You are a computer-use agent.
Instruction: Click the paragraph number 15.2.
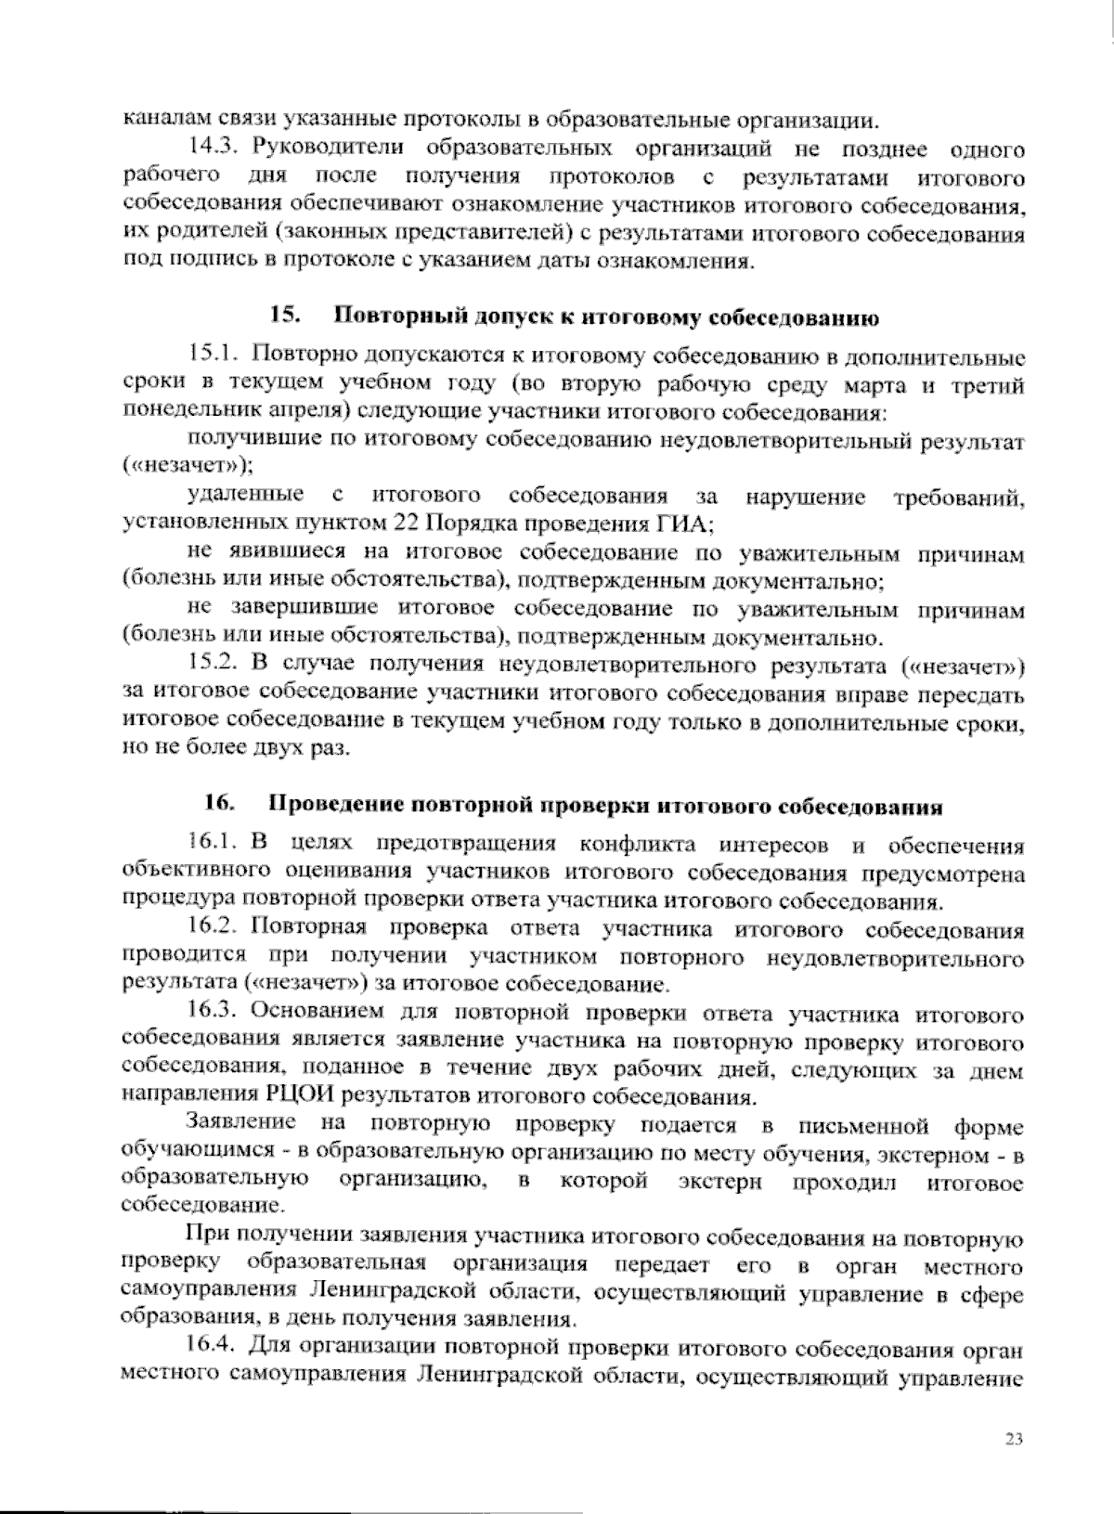215,665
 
